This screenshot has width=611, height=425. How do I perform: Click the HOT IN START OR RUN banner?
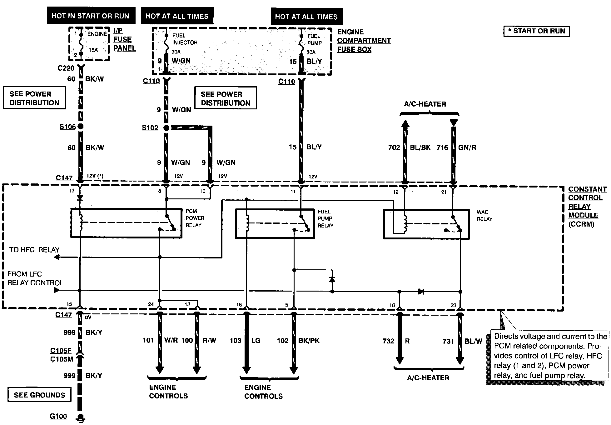[x=91, y=16]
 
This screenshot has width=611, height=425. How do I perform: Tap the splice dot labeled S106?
[x=81, y=127]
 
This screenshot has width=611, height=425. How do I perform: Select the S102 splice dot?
[x=166, y=128]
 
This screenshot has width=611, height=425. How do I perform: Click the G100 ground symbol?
[x=81, y=418]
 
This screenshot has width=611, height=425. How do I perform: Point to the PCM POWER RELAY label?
[x=195, y=218]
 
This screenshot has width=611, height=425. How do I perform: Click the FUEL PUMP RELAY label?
[x=325, y=218]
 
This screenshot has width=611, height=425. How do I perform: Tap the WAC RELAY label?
[x=484, y=216]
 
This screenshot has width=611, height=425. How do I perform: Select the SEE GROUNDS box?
[x=39, y=395]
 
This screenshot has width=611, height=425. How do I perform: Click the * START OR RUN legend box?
[x=537, y=31]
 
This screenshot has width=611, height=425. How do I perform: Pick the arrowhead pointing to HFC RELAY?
[x=57, y=257]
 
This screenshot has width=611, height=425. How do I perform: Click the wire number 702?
[x=394, y=147]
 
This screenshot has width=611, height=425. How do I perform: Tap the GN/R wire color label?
[x=467, y=147]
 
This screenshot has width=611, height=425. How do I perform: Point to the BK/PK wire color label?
[x=309, y=341]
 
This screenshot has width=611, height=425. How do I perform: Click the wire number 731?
[x=448, y=341]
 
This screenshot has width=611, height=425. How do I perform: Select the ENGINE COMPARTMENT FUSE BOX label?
[x=364, y=41]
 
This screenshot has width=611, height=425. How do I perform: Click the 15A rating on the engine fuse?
[x=93, y=50]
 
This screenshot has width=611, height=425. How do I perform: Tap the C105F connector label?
[x=61, y=351]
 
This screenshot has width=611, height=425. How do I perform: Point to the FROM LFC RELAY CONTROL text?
[x=35, y=278]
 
